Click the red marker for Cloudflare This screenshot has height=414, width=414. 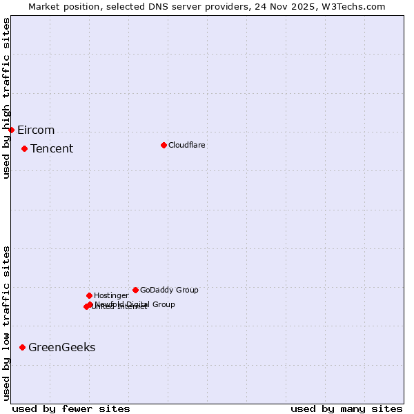(164, 145)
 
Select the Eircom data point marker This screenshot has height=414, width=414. (11, 130)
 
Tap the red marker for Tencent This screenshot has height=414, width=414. (24, 148)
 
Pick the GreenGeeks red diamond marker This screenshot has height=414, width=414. (22, 347)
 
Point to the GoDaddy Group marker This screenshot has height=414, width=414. (135, 290)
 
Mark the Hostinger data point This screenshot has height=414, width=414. (89, 295)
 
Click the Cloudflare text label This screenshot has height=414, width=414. (186, 145)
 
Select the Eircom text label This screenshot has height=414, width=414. (36, 130)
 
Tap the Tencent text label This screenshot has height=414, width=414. (52, 149)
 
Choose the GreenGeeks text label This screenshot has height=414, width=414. (62, 348)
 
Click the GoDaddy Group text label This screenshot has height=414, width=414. (169, 290)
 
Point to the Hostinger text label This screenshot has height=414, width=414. (111, 295)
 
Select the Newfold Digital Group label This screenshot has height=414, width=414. (135, 304)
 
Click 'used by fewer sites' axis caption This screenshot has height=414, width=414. (71, 408)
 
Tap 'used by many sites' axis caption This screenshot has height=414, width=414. (346, 408)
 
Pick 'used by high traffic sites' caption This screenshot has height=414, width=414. (7, 98)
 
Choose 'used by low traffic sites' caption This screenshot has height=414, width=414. (7, 322)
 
